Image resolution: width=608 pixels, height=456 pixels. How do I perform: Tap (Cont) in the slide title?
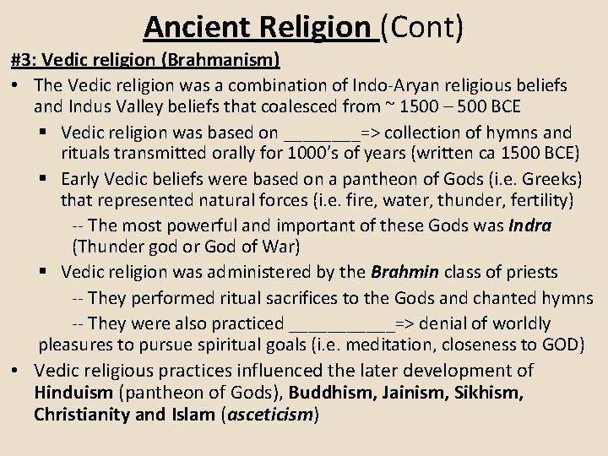(421, 27)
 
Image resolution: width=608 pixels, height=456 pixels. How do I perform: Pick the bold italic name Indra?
(531, 227)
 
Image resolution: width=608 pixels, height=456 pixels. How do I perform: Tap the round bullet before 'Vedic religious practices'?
(19, 371)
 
